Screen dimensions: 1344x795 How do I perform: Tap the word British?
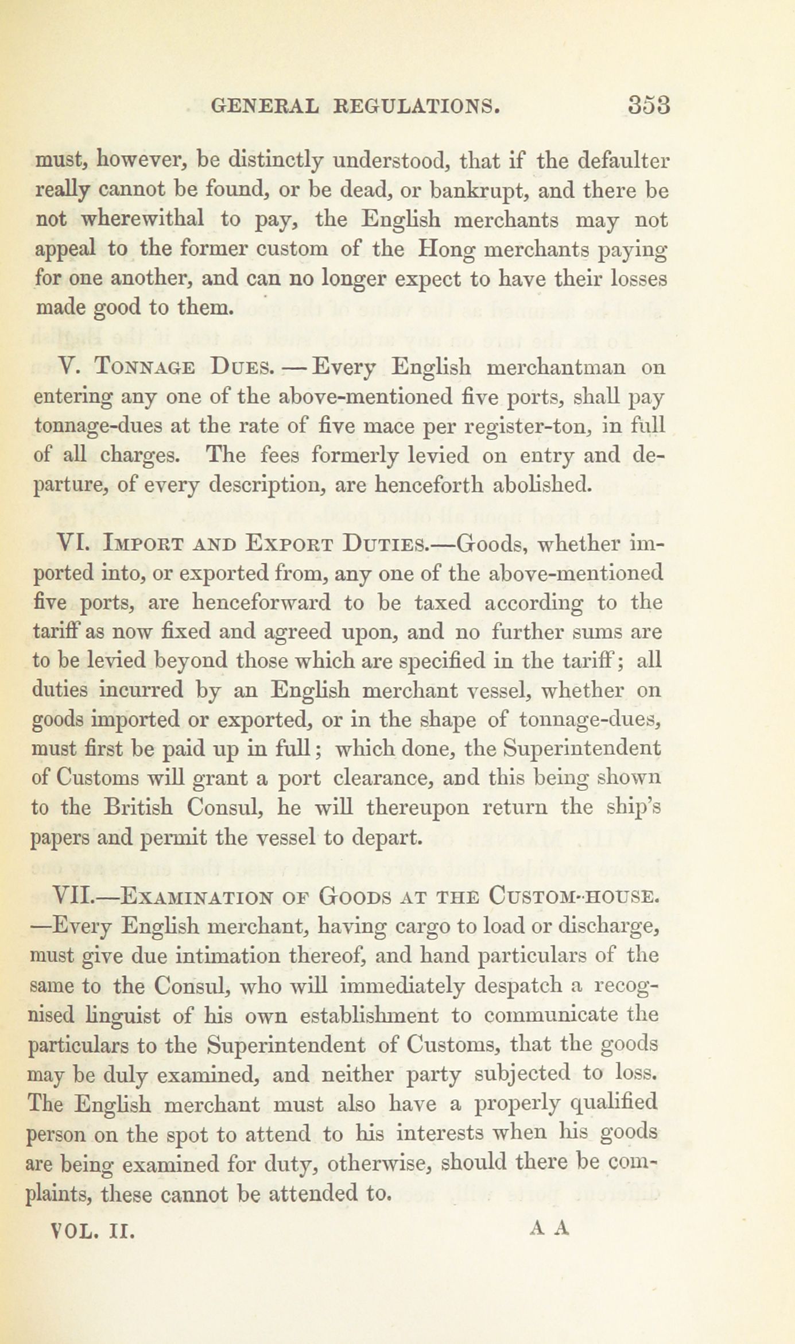pos(138,808)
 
